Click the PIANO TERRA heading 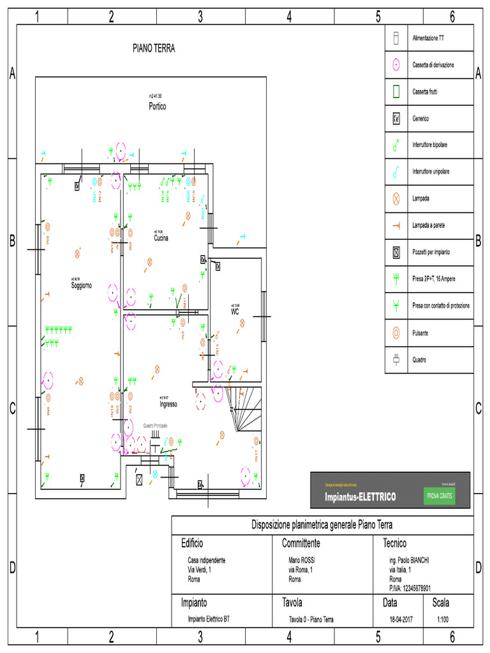pos(153,48)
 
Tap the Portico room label pos(157,106)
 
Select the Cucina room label pos(161,238)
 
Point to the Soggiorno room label pos(81,286)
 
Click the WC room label pos(235,312)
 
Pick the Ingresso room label pos(168,404)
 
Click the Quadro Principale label pos(156,425)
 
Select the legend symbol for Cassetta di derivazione pos(396,64)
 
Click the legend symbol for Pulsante pos(396,332)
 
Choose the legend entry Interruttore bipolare pos(429,145)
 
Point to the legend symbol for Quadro pos(396,359)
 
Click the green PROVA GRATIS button pos(439,496)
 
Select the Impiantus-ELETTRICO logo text pos(360,497)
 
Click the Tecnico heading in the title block pos(394,543)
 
